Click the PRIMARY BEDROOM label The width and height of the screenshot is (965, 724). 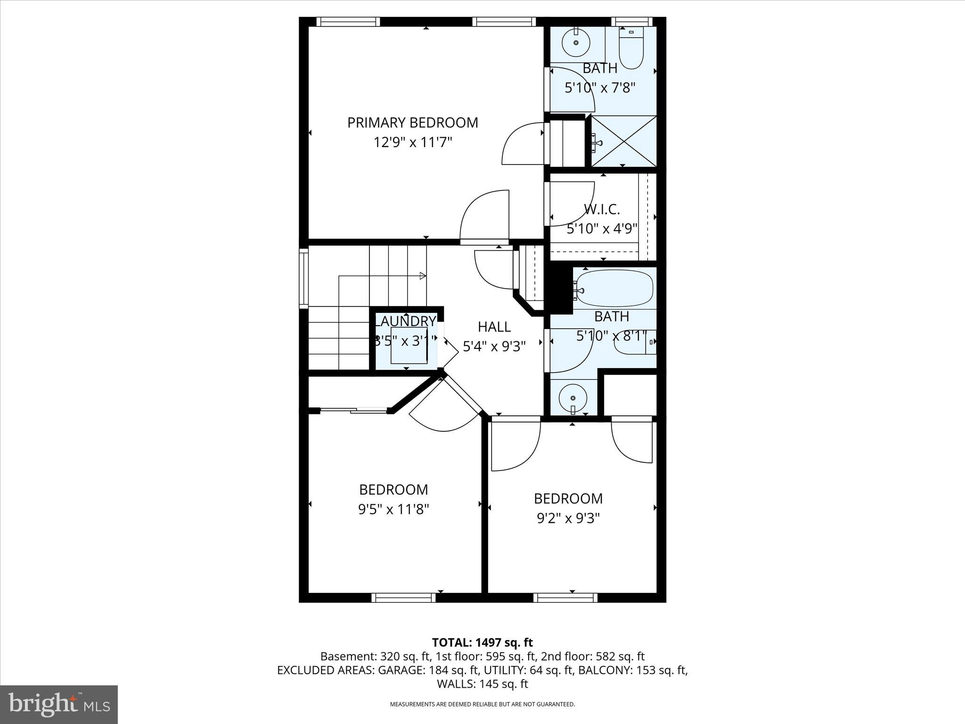pyautogui.click(x=412, y=123)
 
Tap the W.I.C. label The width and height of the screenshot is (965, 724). pyautogui.click(x=602, y=209)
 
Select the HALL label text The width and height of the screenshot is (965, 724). pyautogui.click(x=494, y=327)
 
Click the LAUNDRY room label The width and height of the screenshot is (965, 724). pyautogui.click(x=405, y=321)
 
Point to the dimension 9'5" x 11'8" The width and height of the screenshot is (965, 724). pyautogui.click(x=393, y=510)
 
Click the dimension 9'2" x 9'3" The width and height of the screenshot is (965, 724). pyautogui.click(x=568, y=518)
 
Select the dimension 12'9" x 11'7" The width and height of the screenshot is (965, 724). pyautogui.click(x=412, y=142)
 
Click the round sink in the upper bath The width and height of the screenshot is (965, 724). pyautogui.click(x=576, y=43)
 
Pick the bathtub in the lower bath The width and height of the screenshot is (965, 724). pyautogui.click(x=614, y=288)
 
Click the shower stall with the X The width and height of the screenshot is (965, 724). pyautogui.click(x=623, y=141)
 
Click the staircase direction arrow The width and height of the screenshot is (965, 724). pyautogui.click(x=423, y=276)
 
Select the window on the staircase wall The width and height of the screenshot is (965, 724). pyautogui.click(x=304, y=279)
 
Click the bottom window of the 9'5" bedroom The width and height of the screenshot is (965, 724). pyautogui.click(x=403, y=598)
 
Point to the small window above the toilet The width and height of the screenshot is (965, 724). pyautogui.click(x=632, y=22)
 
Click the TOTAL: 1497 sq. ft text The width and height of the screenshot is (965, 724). pyautogui.click(x=482, y=642)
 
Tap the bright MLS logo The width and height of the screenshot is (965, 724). pyautogui.click(x=59, y=704)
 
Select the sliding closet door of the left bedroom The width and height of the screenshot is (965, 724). pyautogui.click(x=353, y=411)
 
